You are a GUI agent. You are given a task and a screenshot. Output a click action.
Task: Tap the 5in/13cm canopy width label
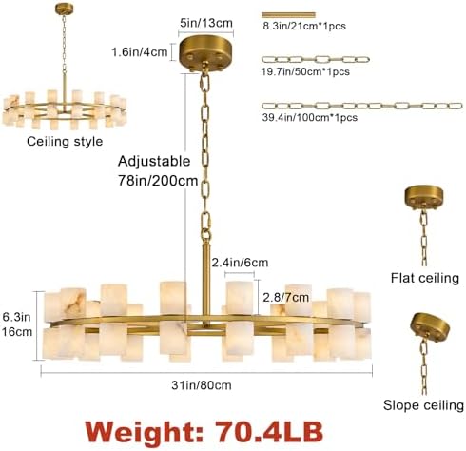(206, 23)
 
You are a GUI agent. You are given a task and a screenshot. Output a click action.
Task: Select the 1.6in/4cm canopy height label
(140, 51)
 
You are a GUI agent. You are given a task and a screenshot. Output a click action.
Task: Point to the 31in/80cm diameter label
(202, 385)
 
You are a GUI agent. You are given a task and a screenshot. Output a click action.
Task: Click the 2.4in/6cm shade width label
(240, 263)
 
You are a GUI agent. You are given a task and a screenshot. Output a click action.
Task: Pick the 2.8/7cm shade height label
(286, 297)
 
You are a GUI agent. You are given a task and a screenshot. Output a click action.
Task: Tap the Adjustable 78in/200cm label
(158, 170)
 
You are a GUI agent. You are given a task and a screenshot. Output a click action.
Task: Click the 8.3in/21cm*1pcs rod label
(304, 26)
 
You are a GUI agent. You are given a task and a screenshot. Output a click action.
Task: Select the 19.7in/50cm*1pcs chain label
(305, 71)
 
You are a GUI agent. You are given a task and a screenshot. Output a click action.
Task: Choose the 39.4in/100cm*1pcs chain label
(310, 118)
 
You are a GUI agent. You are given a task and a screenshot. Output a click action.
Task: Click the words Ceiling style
(65, 142)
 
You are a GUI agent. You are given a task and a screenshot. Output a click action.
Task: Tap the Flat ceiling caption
(425, 278)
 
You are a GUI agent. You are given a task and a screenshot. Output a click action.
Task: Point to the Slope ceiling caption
(423, 405)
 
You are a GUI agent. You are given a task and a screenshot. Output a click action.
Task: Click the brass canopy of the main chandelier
(205, 54)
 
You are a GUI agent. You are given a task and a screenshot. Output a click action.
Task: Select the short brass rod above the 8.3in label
(288, 15)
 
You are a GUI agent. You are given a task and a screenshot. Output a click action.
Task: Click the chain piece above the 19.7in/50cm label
(316, 59)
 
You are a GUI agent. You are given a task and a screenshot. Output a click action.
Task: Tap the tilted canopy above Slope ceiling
(430, 326)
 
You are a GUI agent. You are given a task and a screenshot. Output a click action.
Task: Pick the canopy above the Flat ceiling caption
(424, 197)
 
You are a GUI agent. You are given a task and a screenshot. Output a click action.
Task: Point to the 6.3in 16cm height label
(17, 324)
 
